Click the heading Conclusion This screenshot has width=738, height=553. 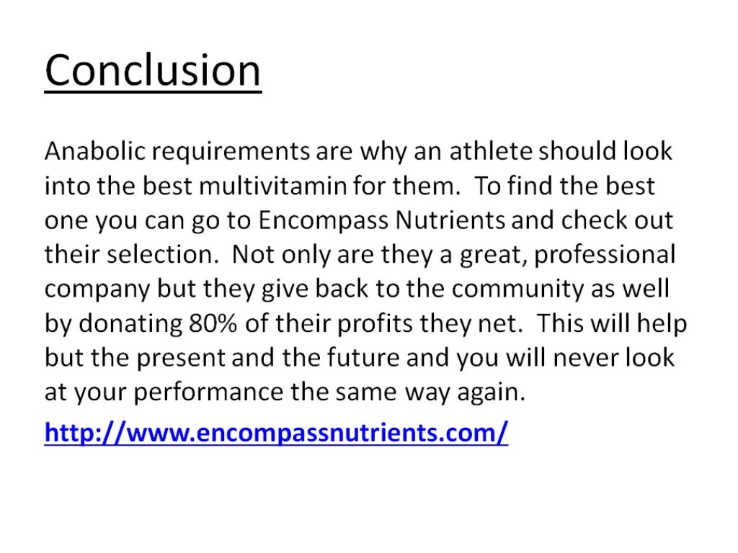click(x=153, y=71)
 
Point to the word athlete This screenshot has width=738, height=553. click(x=496, y=152)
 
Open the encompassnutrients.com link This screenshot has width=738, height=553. click(x=276, y=433)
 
